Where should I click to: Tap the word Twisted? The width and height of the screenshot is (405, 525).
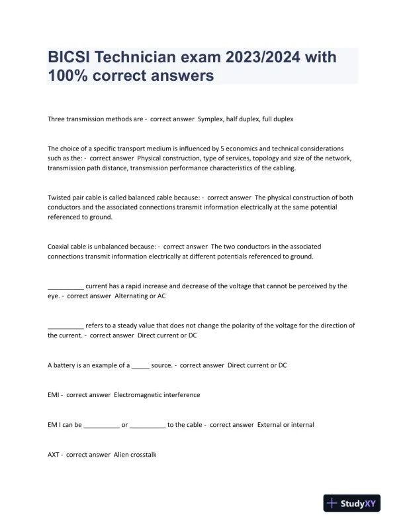[60, 198]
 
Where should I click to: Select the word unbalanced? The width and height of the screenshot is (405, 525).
[120, 246]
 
